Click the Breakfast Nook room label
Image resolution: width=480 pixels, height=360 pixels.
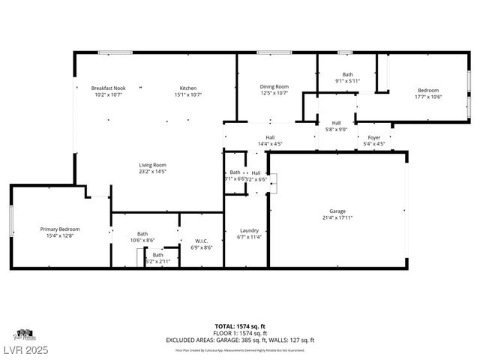[108, 88]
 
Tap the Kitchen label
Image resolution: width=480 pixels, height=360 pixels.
[187, 88]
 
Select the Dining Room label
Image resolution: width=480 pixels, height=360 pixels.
[274, 87]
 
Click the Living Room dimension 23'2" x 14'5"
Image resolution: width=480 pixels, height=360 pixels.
[152, 172]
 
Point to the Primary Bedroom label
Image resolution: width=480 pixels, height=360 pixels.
[60, 229]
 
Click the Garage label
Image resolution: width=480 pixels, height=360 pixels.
[337, 211]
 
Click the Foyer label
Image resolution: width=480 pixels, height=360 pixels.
[373, 137]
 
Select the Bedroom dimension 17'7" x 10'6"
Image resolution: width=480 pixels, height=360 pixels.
[428, 97]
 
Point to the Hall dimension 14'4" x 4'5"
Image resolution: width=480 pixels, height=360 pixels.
[270, 144]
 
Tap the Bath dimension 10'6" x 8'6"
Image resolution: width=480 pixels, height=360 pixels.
[142, 240]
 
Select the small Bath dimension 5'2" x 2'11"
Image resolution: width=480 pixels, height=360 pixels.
[158, 261]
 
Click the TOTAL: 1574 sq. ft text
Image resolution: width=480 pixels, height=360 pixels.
[240, 326]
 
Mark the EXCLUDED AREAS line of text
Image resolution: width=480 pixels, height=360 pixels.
[240, 340]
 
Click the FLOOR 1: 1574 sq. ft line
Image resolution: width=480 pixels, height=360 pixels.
[240, 333]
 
